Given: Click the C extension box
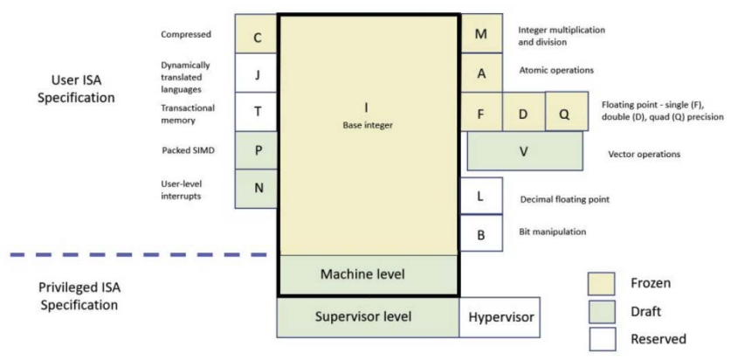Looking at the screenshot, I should pyautogui.click(x=257, y=38).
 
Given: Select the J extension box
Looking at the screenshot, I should pyautogui.click(x=257, y=74).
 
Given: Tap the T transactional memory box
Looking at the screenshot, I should pyautogui.click(x=257, y=111).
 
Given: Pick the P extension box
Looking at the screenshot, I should pyautogui.click(x=257, y=149).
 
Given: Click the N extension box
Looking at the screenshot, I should pyautogui.click(x=257, y=187).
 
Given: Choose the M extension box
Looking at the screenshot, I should pyautogui.click(x=481, y=33).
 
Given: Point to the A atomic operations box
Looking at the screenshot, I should pyautogui.click(x=481, y=73).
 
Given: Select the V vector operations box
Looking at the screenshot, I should pyautogui.click(x=524, y=150).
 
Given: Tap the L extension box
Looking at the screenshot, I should pyautogui.click(x=480, y=196).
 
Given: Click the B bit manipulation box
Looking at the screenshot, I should pyautogui.click(x=480, y=232).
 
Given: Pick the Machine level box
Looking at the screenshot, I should pyautogui.click(x=369, y=274).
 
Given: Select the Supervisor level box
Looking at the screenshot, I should pyautogui.click(x=369, y=316).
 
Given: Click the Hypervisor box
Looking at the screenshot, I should pyautogui.click(x=497, y=316).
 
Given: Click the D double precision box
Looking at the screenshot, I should pyautogui.click(x=522, y=112).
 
